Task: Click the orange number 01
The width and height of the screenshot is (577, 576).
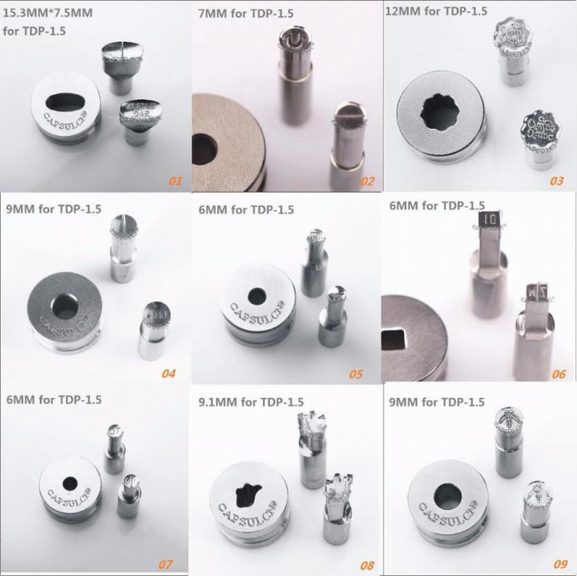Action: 176,181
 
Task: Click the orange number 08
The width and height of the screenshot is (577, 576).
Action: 366,563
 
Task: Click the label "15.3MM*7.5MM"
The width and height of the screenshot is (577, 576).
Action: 49,15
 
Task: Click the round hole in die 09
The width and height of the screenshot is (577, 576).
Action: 446,495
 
